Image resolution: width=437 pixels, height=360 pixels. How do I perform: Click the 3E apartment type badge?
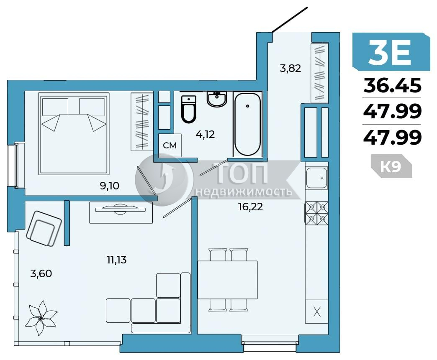(x=391, y=52)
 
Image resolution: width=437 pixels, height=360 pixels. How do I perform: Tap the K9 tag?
(x=391, y=166)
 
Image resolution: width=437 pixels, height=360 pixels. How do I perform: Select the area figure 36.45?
(x=392, y=85)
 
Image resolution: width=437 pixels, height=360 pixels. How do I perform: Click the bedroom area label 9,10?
(x=110, y=185)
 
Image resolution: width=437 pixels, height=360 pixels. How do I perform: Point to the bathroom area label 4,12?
(x=205, y=135)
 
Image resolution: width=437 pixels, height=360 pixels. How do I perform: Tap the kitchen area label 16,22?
(x=251, y=207)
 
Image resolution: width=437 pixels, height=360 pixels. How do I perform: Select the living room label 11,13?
(x=117, y=260)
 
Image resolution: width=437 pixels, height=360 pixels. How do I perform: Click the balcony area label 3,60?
(x=41, y=274)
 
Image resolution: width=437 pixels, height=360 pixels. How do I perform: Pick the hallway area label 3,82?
(x=290, y=68)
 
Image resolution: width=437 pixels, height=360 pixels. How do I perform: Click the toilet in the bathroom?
(x=188, y=109)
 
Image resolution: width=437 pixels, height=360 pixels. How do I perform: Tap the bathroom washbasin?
(x=217, y=99)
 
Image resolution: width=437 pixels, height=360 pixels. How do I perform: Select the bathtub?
(x=247, y=124)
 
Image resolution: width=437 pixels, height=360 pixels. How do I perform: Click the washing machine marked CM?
(x=170, y=145)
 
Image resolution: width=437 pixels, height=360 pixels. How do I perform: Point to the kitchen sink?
(x=316, y=178)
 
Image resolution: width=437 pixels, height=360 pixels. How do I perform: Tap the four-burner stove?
(x=316, y=213)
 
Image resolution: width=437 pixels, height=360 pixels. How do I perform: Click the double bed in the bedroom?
(x=74, y=134)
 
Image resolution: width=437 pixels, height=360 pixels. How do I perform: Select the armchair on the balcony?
(x=44, y=228)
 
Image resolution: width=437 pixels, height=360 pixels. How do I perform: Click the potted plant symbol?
(x=41, y=318)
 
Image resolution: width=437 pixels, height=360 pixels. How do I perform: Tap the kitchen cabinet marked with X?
(x=316, y=312)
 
